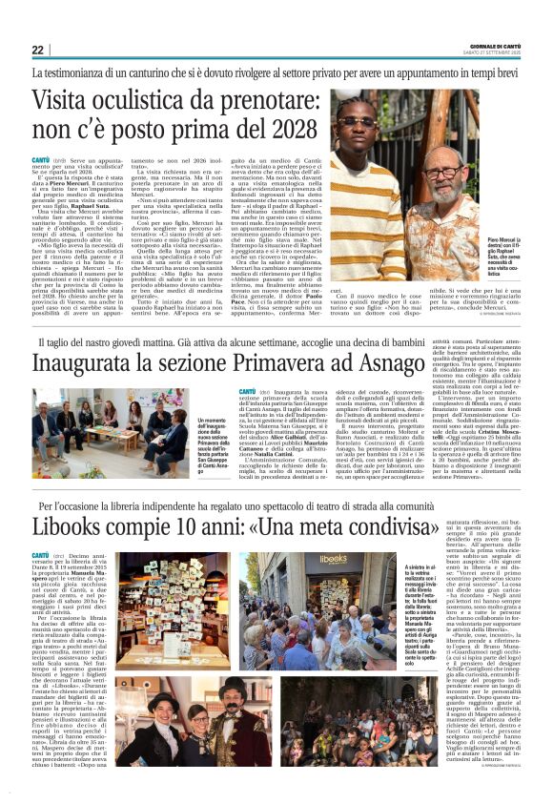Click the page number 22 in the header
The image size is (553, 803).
38,50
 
